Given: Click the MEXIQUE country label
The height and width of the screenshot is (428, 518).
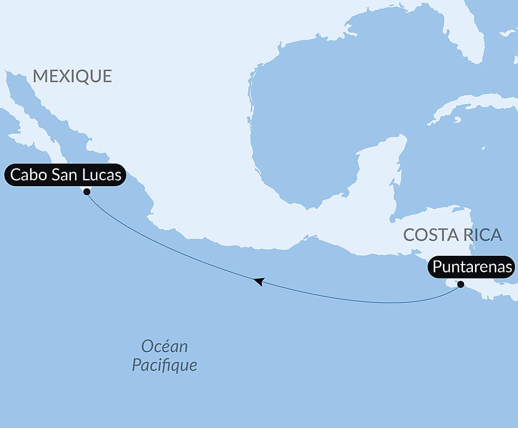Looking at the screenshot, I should pyautogui.click(x=72, y=76).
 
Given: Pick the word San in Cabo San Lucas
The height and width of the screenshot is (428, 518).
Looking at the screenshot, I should pyautogui.click(x=64, y=175).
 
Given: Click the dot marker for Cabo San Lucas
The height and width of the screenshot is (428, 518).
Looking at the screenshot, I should pyautogui.click(x=87, y=191).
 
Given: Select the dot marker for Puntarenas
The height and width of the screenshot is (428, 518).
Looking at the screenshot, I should pyautogui.click(x=461, y=284).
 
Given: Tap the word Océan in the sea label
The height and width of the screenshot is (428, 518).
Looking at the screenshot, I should pyautogui.click(x=164, y=347).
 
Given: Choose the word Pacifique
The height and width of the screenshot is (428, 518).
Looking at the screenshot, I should pyautogui.click(x=164, y=365).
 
